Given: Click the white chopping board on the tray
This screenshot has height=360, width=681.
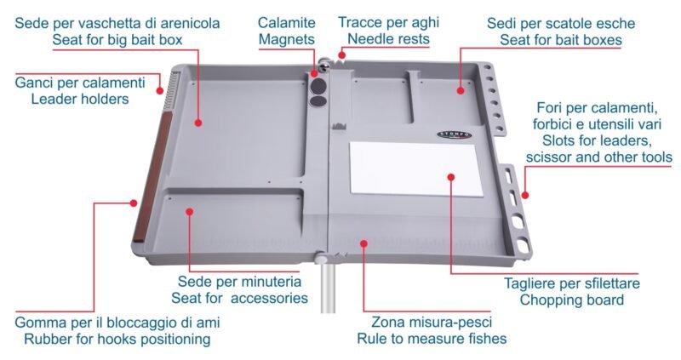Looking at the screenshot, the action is click(416, 168).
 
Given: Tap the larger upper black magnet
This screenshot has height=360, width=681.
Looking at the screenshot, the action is click(319, 85).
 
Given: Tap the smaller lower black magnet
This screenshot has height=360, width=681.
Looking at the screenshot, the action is click(318, 101).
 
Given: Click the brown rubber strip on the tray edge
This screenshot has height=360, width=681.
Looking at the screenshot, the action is click(152, 176).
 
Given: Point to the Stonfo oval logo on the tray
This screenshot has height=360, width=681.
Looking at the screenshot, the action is click(455, 134).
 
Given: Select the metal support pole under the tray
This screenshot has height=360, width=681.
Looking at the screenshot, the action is click(328, 287).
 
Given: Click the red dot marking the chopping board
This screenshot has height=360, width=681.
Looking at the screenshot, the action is click(451, 177).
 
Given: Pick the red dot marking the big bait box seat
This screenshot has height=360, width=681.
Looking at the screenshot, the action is click(198, 123).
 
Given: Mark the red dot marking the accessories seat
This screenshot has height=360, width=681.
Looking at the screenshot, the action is click(189, 211).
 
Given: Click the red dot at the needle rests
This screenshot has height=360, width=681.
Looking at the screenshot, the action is click(342, 55).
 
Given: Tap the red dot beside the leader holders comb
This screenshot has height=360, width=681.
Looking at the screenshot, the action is click(160, 91).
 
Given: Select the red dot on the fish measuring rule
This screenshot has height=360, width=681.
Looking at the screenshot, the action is click(364, 243).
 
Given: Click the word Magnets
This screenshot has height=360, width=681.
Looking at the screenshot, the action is click(287, 39).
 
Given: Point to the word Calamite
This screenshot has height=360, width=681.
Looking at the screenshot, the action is click(287, 23).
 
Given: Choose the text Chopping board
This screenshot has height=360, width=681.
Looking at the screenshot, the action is click(571, 300).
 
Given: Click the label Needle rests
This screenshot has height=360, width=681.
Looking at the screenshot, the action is click(388, 39).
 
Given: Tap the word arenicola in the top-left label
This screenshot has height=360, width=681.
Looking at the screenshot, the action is click(187, 23).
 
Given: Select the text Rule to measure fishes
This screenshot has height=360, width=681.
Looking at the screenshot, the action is click(432, 339).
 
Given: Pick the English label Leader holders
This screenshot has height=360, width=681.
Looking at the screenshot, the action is click(80, 99).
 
